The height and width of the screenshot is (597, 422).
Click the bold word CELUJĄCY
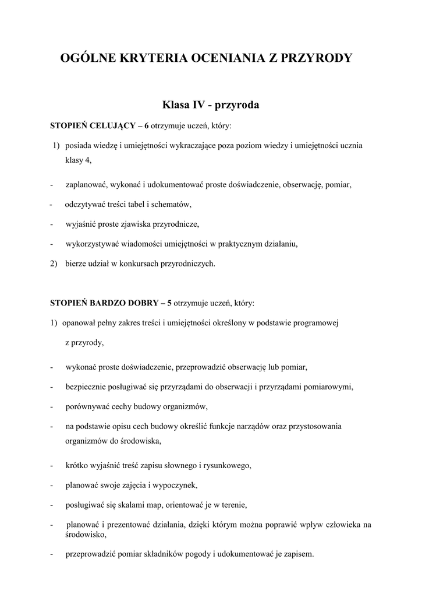[112, 125]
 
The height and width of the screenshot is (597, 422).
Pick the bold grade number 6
[147, 125]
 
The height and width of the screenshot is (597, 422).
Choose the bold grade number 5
[169, 303]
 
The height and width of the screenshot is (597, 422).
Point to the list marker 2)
[54, 263]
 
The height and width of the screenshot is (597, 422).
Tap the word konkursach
[137, 263]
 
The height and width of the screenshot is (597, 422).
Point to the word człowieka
[344, 525]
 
